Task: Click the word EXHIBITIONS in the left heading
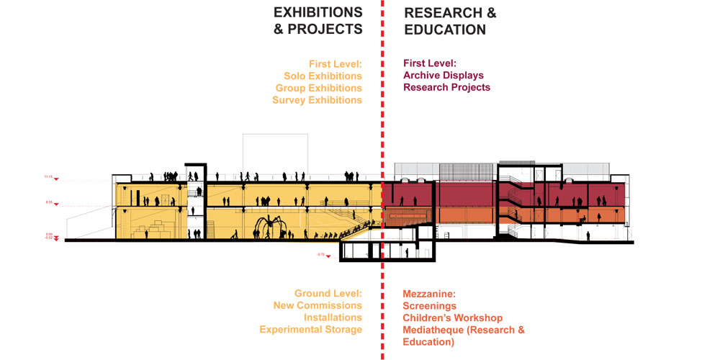coord(317,12)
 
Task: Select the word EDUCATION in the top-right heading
coord(445,30)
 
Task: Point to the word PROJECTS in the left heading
coord(325,30)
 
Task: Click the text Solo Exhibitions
coord(323,76)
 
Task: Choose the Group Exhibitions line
coord(318,88)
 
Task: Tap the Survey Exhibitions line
coord(317,100)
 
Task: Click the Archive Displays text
coord(444,75)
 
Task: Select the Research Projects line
coord(446,87)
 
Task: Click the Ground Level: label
coord(328,294)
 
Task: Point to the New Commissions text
coord(318,305)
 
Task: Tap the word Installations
coord(333,318)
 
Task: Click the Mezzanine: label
coord(429,294)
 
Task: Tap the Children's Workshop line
coord(453,318)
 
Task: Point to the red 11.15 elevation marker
coord(50,177)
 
